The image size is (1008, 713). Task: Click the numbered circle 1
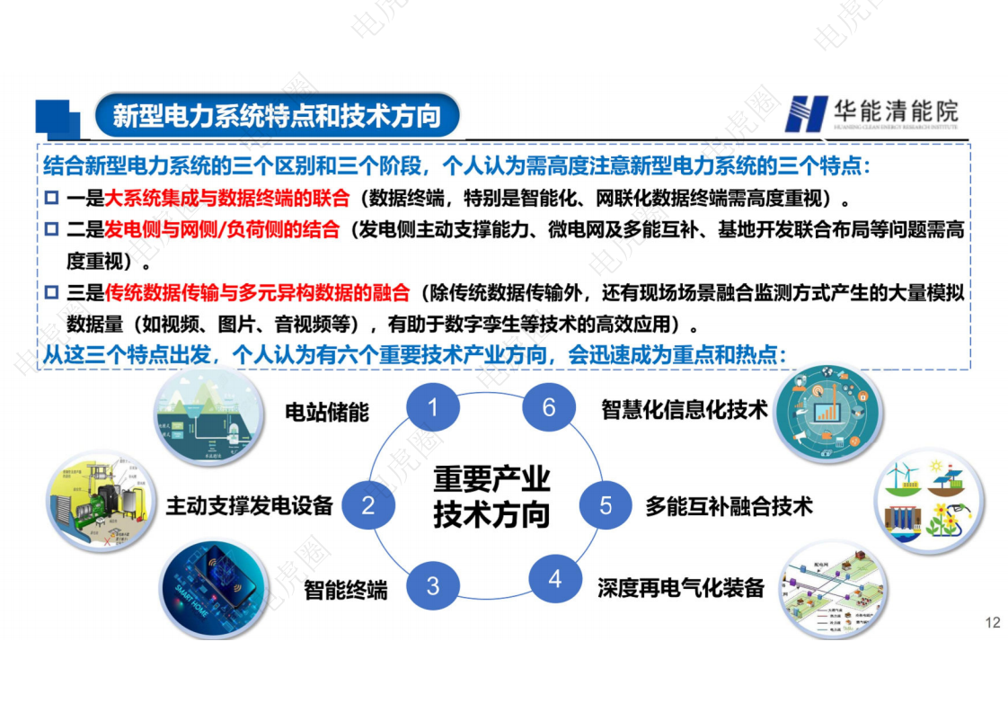tap(432, 409)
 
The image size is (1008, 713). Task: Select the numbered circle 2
tap(367, 505)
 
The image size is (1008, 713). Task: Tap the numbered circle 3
tap(432, 586)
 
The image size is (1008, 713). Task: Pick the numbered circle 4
tap(554, 579)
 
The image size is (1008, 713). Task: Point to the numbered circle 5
tap(606, 505)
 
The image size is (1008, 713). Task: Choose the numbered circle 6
tap(549, 408)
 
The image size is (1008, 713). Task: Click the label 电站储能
tap(327, 412)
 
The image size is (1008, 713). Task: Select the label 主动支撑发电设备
tap(249, 505)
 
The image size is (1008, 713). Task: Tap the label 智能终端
tap(346, 590)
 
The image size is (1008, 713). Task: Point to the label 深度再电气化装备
tap(681, 588)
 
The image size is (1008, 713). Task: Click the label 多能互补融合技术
tap(729, 506)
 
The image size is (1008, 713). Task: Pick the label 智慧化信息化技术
tap(685, 410)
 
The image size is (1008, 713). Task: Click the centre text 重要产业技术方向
tap(491, 496)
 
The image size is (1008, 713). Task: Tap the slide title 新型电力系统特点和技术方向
tap(277, 116)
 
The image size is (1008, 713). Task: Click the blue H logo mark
tap(805, 113)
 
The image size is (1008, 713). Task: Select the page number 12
tap(993, 623)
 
